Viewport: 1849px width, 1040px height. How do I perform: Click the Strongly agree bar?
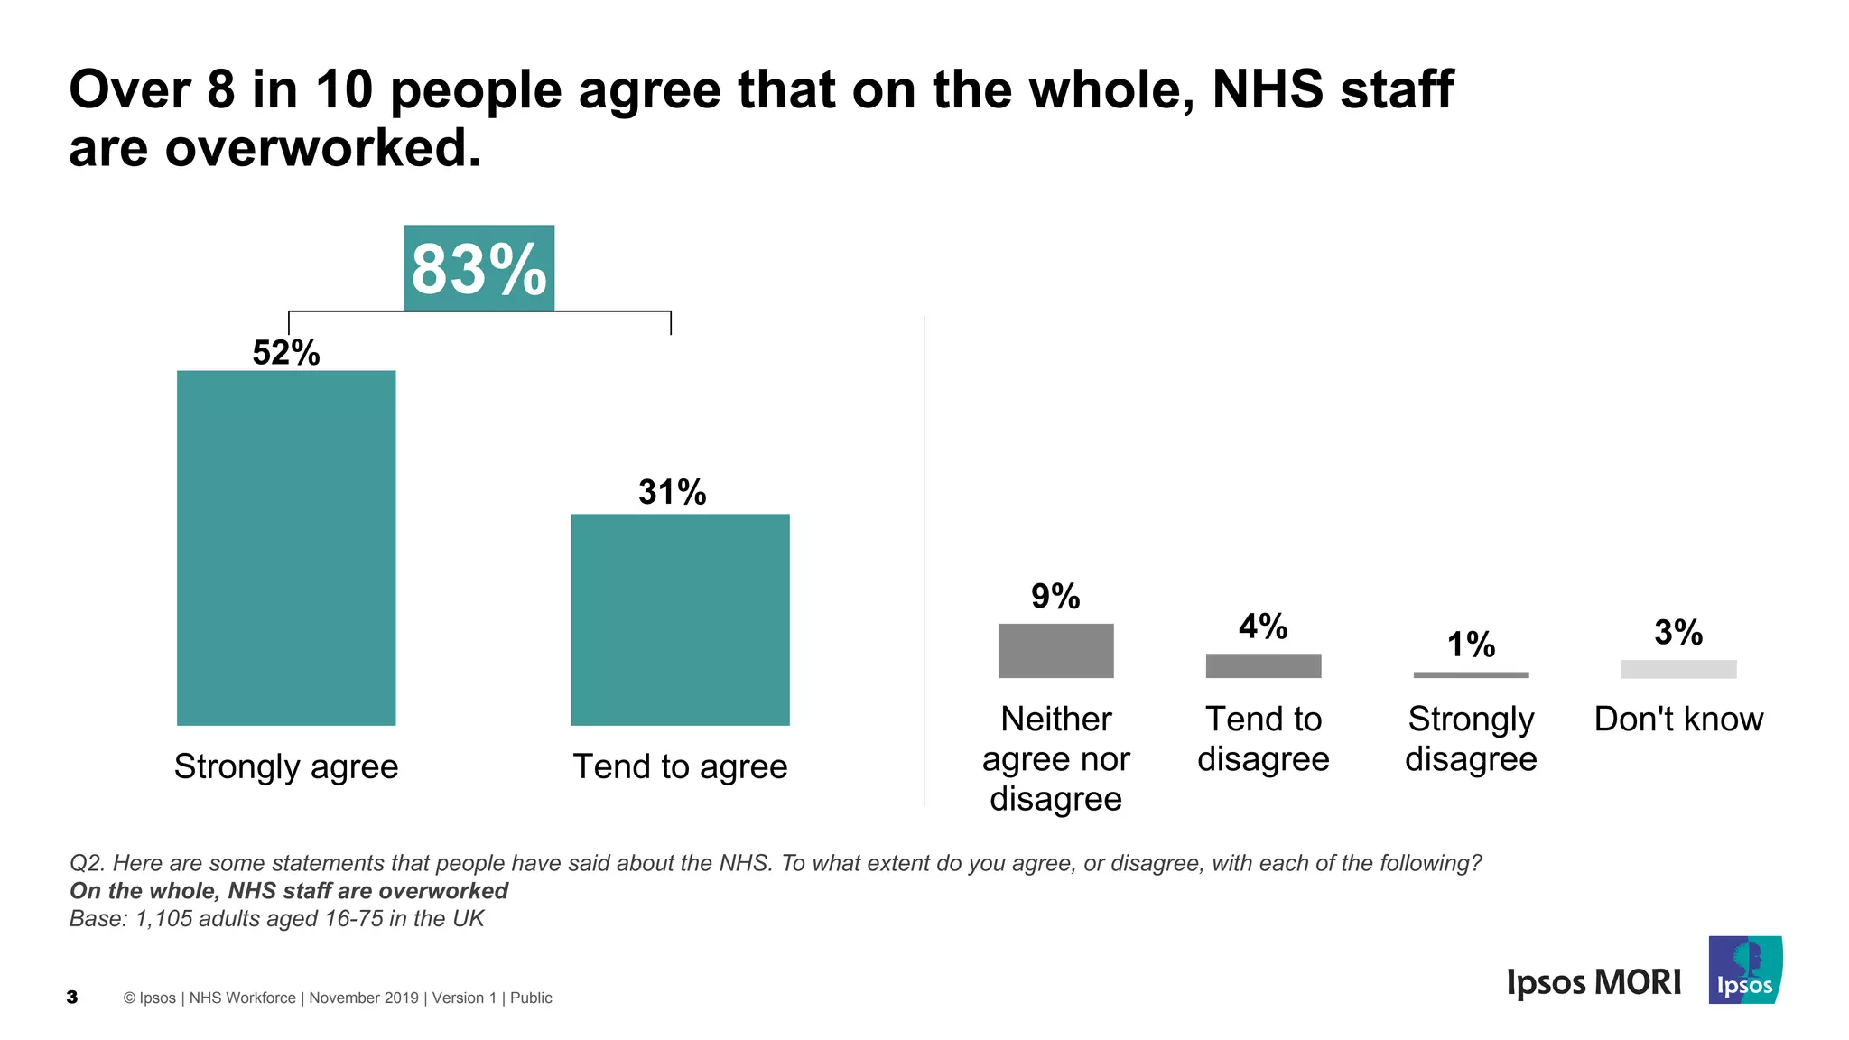tap(286, 547)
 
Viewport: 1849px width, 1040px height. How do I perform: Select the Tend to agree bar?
tap(680, 619)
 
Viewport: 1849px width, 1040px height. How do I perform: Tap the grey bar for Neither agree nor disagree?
tap(1055, 650)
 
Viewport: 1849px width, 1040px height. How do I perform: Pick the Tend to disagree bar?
tap(1263, 665)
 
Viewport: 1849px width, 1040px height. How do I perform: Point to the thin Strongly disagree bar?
tap(1471, 674)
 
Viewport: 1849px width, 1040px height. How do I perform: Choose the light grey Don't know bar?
tap(1678, 669)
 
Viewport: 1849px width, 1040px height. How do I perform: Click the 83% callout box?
tap(479, 268)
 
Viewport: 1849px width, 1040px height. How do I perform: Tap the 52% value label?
tap(286, 353)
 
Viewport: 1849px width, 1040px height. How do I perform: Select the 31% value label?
tap(673, 492)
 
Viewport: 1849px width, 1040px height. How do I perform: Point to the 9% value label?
tap(1055, 596)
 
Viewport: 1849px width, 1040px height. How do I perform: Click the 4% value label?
tap(1263, 627)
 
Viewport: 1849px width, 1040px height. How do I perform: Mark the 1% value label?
tap(1471, 645)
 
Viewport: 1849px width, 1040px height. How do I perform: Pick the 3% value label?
tap(1678, 632)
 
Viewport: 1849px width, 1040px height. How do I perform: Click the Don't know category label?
tap(1678, 720)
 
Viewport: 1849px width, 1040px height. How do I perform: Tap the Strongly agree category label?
tap(286, 766)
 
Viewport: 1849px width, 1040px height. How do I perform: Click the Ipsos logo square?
tap(1745, 970)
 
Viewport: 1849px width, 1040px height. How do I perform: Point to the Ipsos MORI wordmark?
tap(1593, 982)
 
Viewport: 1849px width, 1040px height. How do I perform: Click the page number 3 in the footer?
tap(72, 998)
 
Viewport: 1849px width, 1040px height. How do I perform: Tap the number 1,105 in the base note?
tap(163, 919)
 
